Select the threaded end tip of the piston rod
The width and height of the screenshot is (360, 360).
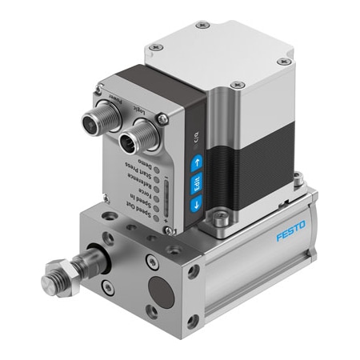pos(51,283)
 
